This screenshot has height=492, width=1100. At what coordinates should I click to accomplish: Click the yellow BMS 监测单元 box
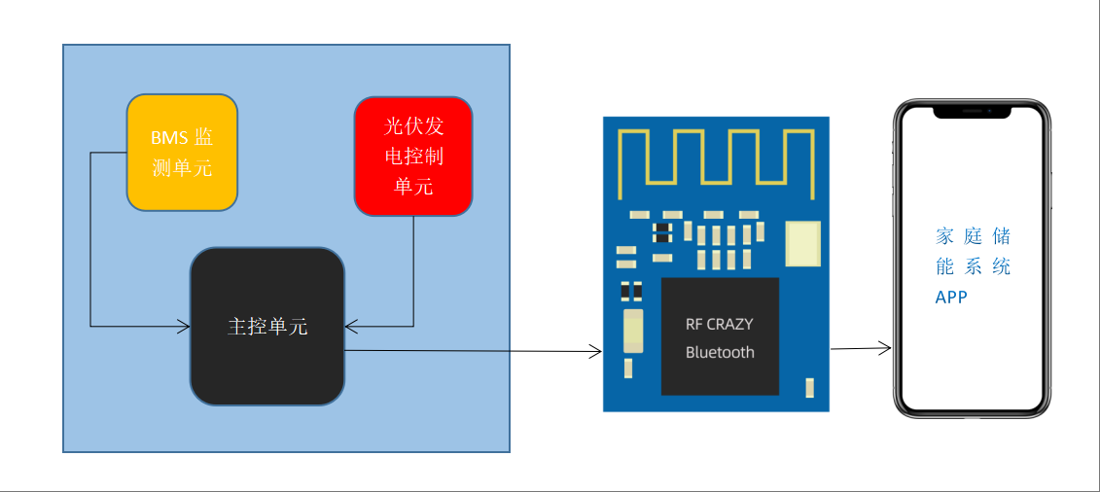[x=182, y=153]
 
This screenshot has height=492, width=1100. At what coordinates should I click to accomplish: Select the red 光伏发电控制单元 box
[x=413, y=156]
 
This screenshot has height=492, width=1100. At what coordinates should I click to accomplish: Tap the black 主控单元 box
[x=267, y=326]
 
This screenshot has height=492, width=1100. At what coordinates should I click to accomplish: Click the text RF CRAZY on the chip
[x=719, y=324]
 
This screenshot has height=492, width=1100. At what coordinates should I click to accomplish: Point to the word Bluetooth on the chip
[x=720, y=352]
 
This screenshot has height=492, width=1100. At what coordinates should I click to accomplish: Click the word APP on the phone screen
[x=951, y=297]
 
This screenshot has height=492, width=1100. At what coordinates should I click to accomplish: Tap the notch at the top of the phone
[x=972, y=112]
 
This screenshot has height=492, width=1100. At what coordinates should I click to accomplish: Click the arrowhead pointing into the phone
[x=886, y=347]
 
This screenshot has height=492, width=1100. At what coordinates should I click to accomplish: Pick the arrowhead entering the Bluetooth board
[x=596, y=351]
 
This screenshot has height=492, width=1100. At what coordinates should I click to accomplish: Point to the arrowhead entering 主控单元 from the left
[x=184, y=326]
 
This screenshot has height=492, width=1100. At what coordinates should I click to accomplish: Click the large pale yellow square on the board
[x=802, y=243]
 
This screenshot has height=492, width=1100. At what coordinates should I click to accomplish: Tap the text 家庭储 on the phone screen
[x=973, y=236]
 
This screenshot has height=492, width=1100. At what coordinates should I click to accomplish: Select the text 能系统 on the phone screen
[x=973, y=266]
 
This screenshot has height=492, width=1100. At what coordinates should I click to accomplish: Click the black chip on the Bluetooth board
[x=720, y=335]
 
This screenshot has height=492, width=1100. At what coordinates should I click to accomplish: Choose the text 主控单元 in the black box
[x=267, y=327]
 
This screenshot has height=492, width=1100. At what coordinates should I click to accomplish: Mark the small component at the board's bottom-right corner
[x=809, y=388]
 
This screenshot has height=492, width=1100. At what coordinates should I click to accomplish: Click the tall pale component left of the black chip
[x=633, y=331]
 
